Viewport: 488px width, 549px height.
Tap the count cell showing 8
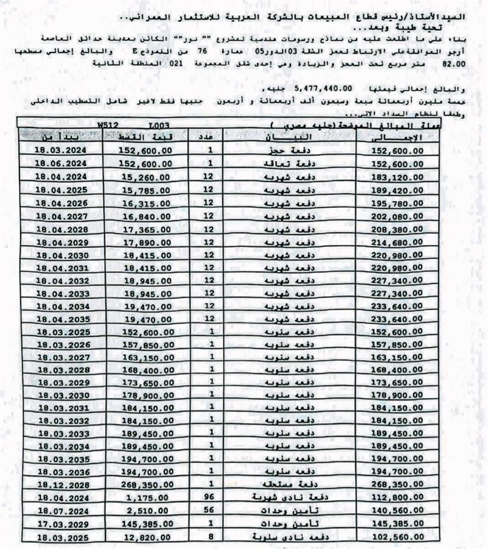point(210,536)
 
